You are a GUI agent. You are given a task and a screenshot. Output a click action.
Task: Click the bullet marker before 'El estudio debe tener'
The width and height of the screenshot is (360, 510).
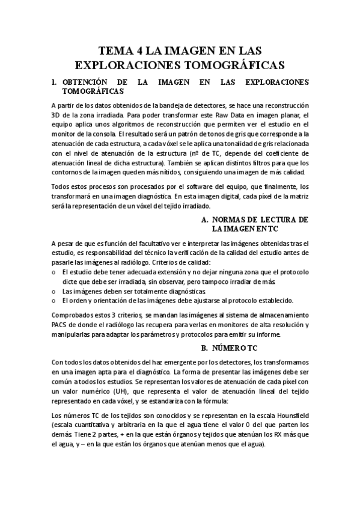55,272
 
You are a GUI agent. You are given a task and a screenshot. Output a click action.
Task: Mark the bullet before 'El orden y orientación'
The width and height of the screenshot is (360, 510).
55,301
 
